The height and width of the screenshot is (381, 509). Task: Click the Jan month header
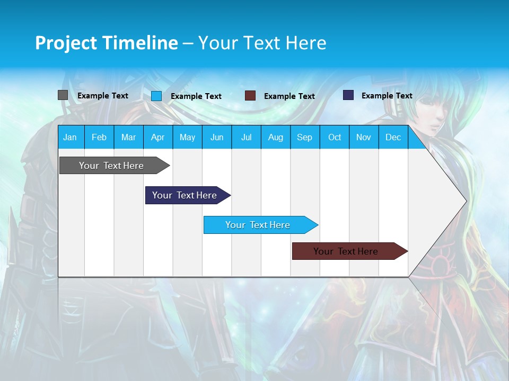(x=71, y=137)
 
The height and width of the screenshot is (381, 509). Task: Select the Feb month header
(x=99, y=137)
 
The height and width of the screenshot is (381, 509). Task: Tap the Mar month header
(x=128, y=137)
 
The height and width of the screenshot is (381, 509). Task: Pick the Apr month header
(x=158, y=137)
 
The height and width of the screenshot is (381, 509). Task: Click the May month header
(x=187, y=137)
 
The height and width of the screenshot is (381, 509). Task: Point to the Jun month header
(x=217, y=137)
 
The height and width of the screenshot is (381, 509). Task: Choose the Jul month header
(x=246, y=137)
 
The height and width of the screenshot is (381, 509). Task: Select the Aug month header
(x=276, y=137)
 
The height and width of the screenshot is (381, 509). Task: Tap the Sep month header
(x=305, y=137)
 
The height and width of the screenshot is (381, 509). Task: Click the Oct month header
(x=335, y=137)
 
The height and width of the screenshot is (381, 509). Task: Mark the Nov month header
(x=364, y=137)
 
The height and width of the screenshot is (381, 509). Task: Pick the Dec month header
(x=393, y=137)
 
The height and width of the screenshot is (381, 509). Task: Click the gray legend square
(x=63, y=95)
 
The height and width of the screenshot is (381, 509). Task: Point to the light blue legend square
(x=156, y=96)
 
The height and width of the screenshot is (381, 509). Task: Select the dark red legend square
(x=250, y=96)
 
